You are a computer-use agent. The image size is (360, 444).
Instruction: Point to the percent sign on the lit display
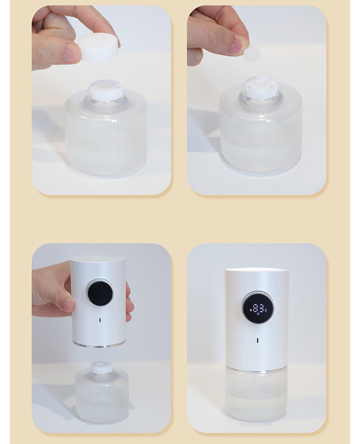265,310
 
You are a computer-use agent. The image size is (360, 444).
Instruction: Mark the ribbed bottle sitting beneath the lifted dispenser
101,396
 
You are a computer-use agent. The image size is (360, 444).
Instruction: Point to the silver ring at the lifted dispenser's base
98,344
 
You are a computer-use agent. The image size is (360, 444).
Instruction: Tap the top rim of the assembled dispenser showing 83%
257,271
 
